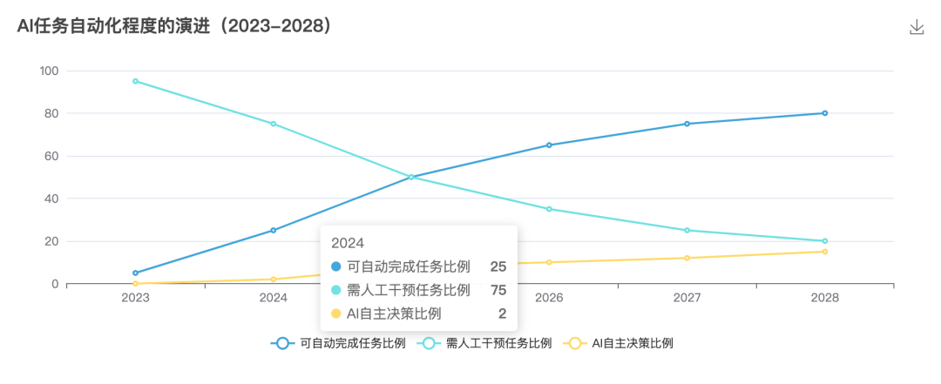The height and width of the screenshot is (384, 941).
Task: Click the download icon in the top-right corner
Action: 916,28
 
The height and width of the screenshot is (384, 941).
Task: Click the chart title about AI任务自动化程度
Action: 175,27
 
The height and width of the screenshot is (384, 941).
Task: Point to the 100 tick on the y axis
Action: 48,71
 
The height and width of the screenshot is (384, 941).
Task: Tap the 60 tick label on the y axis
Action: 51,156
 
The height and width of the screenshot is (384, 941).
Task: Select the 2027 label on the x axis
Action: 687,298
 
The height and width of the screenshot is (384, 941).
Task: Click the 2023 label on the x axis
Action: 135,298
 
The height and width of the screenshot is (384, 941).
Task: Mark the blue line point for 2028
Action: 824,113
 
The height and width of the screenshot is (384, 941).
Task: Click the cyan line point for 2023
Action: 135,81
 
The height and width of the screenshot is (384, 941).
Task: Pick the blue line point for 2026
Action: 549,145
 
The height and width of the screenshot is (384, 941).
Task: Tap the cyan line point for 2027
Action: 687,231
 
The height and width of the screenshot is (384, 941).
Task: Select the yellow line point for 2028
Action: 824,252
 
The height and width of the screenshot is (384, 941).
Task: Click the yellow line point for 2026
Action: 549,262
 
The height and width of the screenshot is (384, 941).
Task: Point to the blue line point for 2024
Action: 273,231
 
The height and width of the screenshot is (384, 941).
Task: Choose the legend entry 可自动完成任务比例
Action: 339,343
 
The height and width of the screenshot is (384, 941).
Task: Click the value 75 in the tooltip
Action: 498,290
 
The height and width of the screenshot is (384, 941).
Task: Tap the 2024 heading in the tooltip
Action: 347,243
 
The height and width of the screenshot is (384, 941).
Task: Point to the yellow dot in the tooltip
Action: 336,313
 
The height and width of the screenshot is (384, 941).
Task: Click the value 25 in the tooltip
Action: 498,266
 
